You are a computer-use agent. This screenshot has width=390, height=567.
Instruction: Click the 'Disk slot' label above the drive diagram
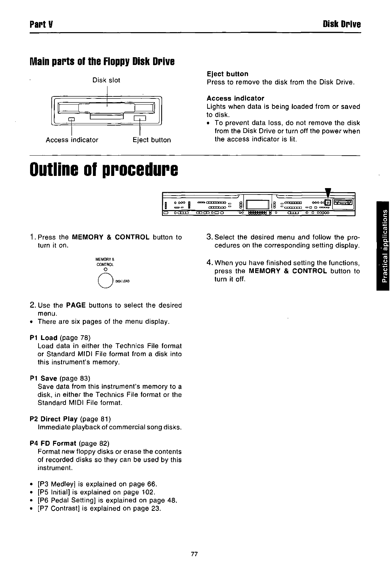[x=106, y=80]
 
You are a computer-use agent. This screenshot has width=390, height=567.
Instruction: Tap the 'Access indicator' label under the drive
[x=72, y=140]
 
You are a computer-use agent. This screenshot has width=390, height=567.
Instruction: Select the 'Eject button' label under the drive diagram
[x=152, y=140]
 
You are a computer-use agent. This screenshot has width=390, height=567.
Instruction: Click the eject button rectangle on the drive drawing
[x=140, y=118]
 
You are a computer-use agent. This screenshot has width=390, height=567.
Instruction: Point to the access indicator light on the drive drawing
[x=71, y=119]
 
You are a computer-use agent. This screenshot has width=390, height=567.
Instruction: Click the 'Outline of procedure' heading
[x=104, y=168]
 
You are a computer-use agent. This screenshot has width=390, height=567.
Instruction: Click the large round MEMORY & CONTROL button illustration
[x=105, y=280]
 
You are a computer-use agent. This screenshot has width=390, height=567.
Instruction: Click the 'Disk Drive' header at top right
[x=342, y=24]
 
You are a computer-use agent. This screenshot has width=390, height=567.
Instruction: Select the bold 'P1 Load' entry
[x=44, y=338]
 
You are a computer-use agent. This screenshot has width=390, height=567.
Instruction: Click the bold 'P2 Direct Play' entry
[x=54, y=419]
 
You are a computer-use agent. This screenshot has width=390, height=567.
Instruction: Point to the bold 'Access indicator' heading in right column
[x=235, y=98]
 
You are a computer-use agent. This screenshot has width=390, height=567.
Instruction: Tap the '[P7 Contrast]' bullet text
[x=59, y=508]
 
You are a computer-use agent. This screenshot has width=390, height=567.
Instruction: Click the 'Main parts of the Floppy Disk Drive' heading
[x=102, y=62]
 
